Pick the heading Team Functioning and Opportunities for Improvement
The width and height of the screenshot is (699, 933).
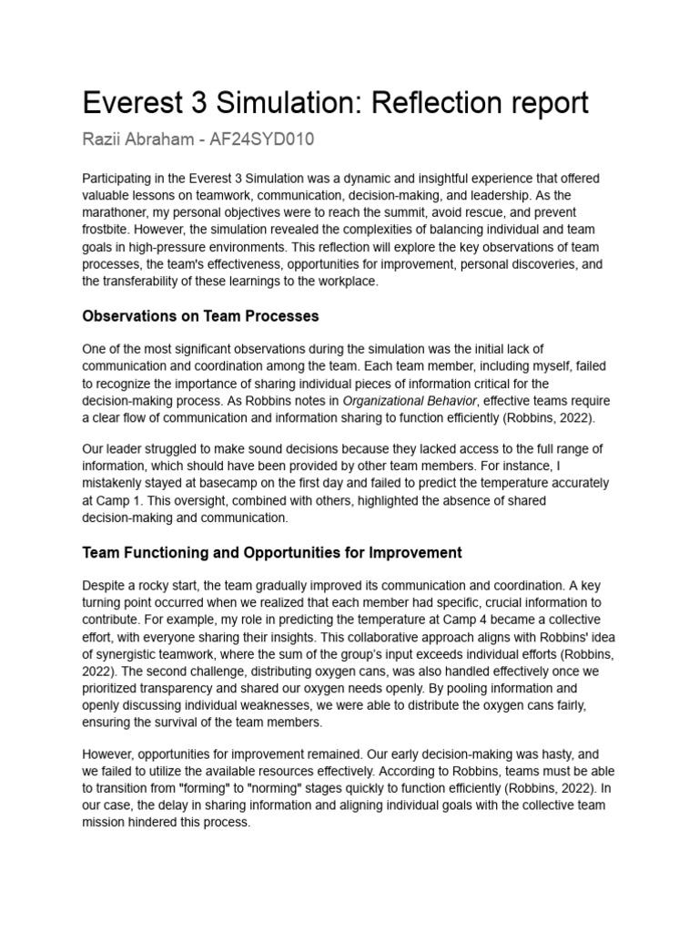tap(272, 552)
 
